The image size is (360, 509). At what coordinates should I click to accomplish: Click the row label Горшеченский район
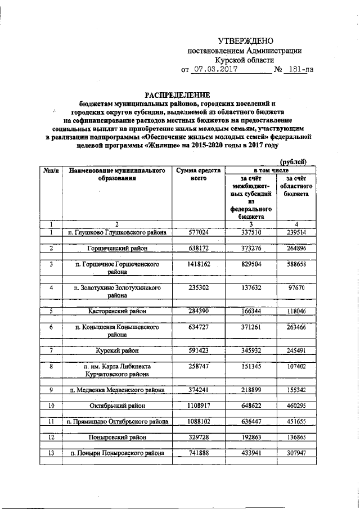116,247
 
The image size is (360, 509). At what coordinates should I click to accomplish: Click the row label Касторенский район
116,310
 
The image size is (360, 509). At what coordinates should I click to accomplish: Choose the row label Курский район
116,350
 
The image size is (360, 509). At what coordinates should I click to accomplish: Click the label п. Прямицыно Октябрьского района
116,421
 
